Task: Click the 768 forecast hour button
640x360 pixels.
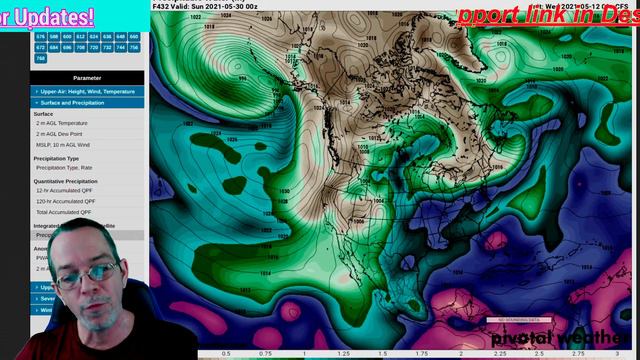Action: click(x=41, y=58)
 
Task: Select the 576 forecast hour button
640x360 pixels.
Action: click(x=41, y=36)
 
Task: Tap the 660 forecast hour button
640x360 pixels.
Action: click(x=134, y=36)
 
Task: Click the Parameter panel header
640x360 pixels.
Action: click(x=87, y=78)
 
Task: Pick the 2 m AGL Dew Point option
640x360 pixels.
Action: click(x=61, y=134)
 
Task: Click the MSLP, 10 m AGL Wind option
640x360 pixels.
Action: click(x=65, y=145)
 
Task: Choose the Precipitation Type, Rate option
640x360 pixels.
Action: click(x=65, y=168)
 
